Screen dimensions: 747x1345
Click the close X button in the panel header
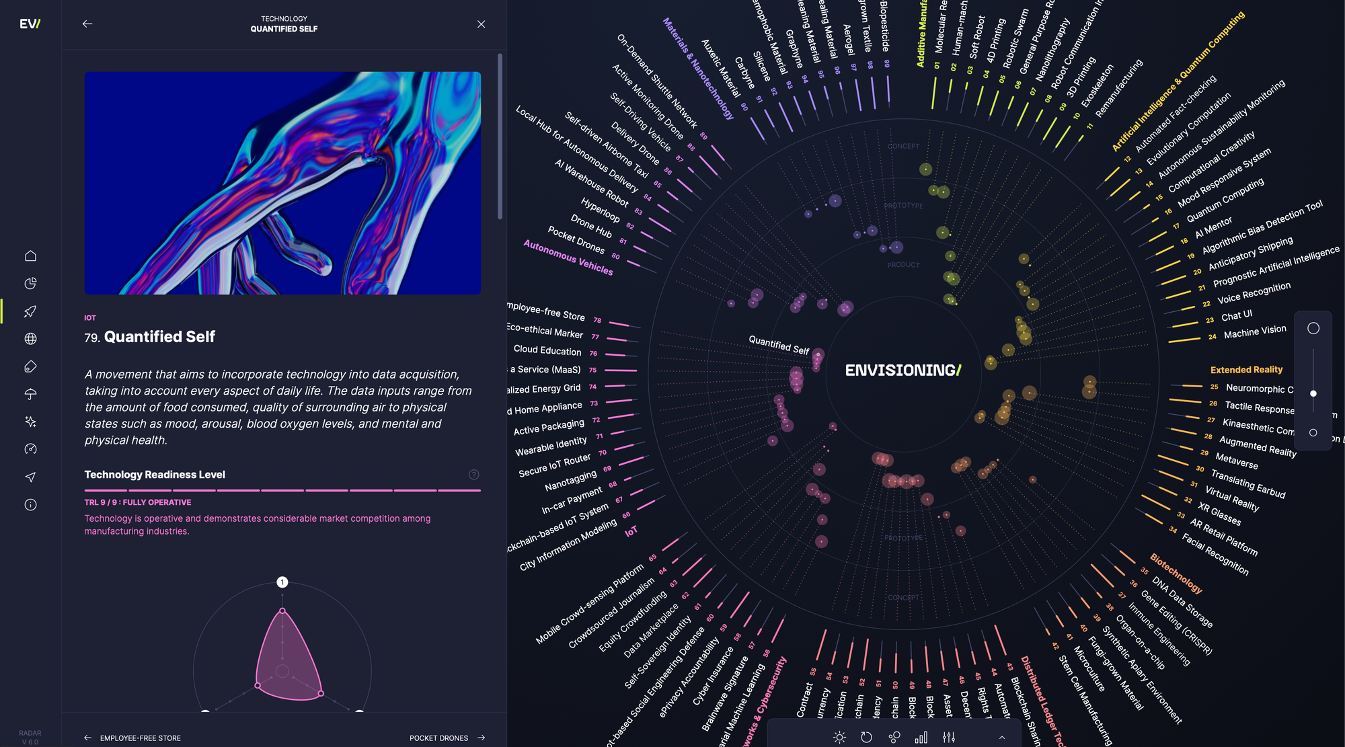point(481,24)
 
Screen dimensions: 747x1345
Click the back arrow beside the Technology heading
point(87,24)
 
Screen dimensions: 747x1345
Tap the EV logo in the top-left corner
point(30,24)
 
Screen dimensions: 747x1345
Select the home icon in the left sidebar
point(30,256)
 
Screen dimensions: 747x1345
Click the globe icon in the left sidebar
point(30,339)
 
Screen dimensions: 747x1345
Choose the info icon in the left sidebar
point(30,505)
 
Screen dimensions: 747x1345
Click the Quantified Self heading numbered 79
point(159,337)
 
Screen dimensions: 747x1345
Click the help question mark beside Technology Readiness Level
point(474,475)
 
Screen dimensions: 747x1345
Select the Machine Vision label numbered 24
point(1254,331)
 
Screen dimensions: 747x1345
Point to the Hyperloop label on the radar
point(600,210)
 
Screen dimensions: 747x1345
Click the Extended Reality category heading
point(1246,370)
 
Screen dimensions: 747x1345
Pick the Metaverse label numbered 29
point(1236,461)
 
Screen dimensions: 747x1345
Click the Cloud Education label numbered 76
point(547,350)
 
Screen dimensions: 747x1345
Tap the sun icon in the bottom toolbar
point(839,738)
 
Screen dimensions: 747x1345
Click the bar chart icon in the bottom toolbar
point(921,738)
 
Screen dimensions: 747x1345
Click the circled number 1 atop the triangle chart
point(282,582)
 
